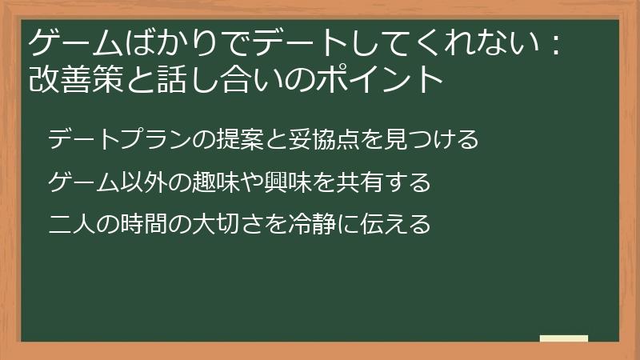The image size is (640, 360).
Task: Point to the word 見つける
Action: click(431, 140)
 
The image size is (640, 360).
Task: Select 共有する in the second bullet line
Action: click(385, 183)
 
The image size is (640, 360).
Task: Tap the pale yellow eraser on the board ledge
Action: click(564, 338)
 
